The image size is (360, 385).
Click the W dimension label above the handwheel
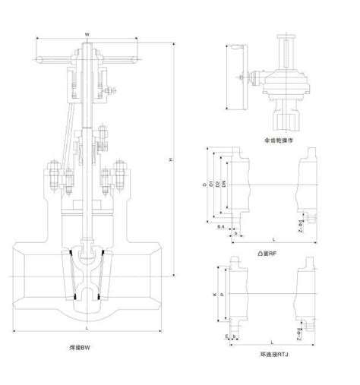click(88, 34)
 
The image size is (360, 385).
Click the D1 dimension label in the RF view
click(210, 185)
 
